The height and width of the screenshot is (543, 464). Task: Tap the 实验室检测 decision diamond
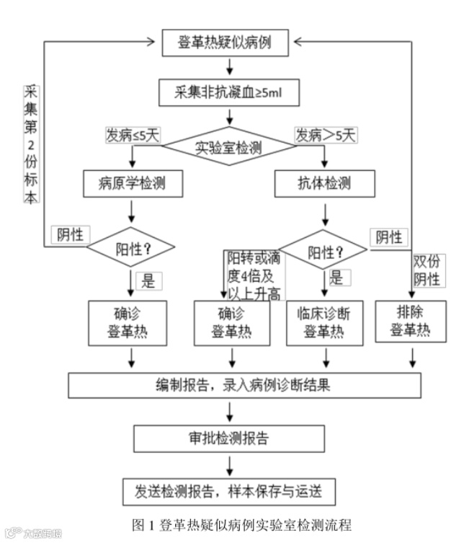coord(229,148)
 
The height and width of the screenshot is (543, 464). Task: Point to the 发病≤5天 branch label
coord(132,135)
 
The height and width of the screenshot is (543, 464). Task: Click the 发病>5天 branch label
coord(326,135)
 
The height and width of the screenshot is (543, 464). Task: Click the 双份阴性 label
coord(427,270)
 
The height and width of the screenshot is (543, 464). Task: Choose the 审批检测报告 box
coord(229,437)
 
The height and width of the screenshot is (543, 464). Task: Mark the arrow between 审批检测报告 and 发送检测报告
coord(229,464)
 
